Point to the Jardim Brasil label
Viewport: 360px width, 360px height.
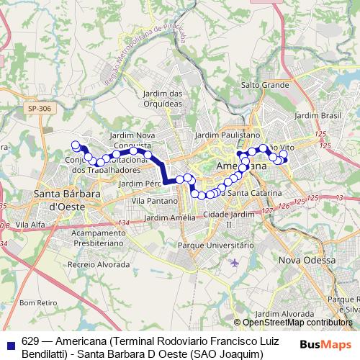317,115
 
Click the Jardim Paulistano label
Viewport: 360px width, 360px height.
227,135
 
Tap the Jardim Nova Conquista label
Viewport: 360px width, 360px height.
132,140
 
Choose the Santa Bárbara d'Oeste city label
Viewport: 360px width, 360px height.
60,199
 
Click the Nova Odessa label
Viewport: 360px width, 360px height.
307,260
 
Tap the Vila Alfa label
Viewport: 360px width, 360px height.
30,225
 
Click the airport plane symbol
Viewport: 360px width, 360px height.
235,261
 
